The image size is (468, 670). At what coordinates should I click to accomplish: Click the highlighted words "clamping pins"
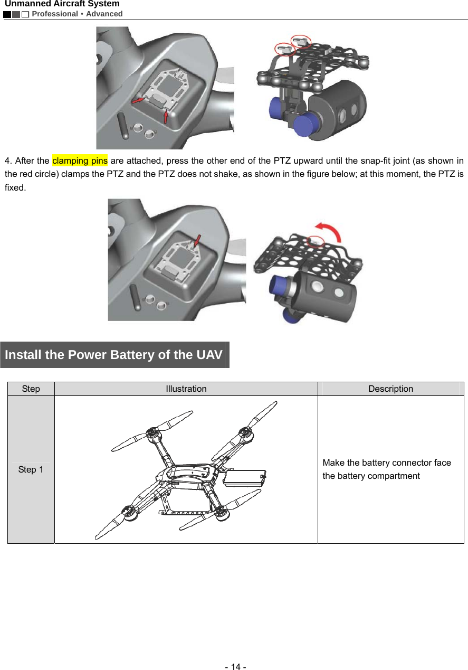(80, 161)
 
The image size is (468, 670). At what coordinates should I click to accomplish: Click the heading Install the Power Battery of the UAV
(113, 355)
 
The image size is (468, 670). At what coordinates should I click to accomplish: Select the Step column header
(31, 389)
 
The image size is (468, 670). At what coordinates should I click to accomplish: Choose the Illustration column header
(186, 389)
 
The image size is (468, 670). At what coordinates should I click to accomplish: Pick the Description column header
(390, 389)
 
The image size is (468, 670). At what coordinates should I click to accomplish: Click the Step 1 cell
(31, 469)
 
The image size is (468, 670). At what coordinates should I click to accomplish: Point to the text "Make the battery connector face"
(386, 463)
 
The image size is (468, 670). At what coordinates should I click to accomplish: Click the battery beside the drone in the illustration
(245, 477)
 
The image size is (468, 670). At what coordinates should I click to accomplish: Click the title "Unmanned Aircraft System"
(62, 4)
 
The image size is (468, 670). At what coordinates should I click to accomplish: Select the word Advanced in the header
(104, 14)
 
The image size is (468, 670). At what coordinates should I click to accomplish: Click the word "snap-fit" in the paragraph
(361, 161)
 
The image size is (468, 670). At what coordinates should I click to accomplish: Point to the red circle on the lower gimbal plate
(316, 241)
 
